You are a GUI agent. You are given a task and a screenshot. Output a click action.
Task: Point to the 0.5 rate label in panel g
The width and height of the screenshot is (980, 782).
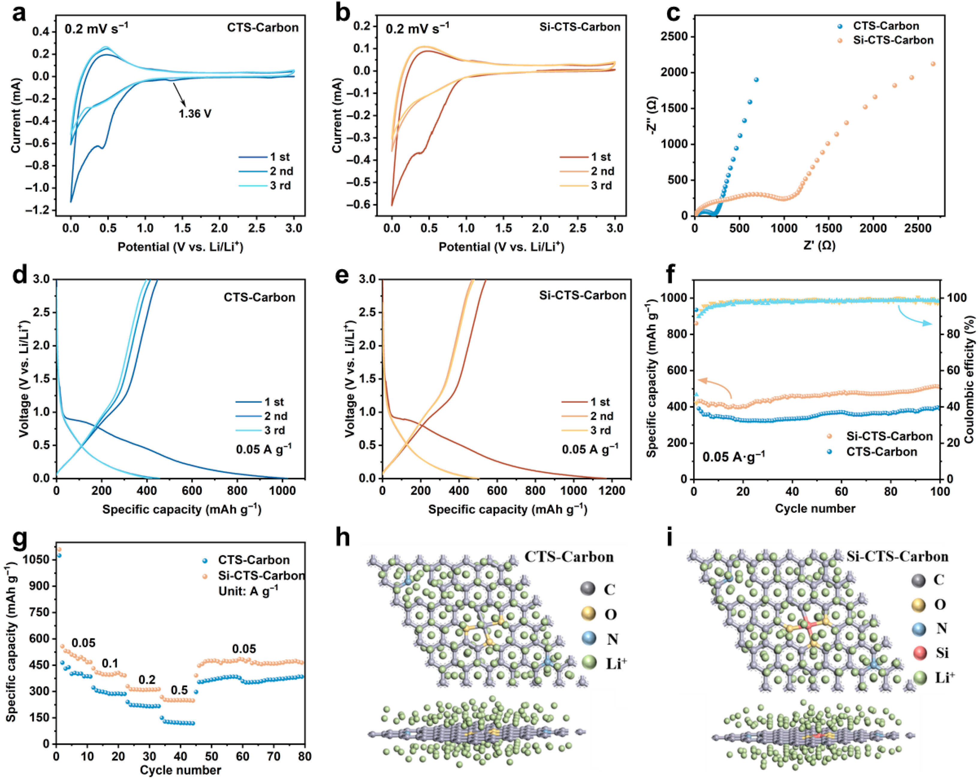coord(179,690)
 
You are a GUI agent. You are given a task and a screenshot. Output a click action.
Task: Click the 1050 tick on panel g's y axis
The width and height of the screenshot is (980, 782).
coord(36,560)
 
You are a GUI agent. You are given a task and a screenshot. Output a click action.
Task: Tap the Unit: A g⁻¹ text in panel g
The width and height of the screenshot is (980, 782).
coord(248,590)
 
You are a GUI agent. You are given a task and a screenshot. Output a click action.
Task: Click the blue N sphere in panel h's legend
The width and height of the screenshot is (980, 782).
coord(589,639)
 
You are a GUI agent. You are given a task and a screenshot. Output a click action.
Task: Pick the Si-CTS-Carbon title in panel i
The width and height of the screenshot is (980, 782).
coord(897,557)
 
